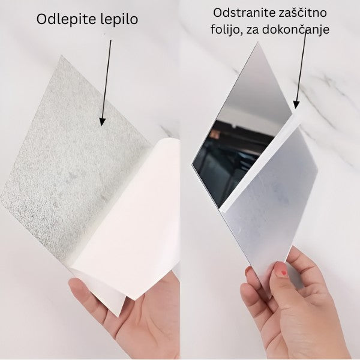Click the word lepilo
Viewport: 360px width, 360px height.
point(118,20)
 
